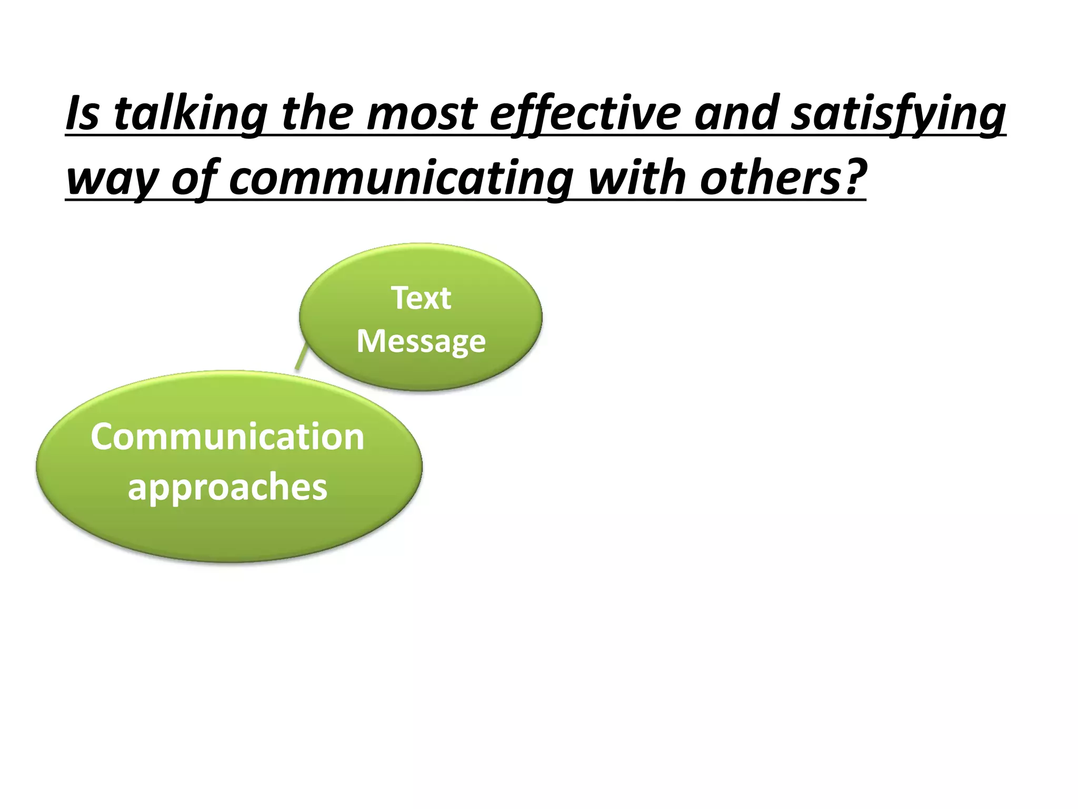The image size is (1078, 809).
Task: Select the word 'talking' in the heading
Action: click(190, 114)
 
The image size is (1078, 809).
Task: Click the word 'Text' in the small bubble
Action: click(421, 298)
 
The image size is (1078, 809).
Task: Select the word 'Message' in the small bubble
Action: click(421, 341)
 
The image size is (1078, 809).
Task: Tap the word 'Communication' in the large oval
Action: click(227, 437)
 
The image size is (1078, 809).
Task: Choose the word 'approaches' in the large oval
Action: click(227, 487)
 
